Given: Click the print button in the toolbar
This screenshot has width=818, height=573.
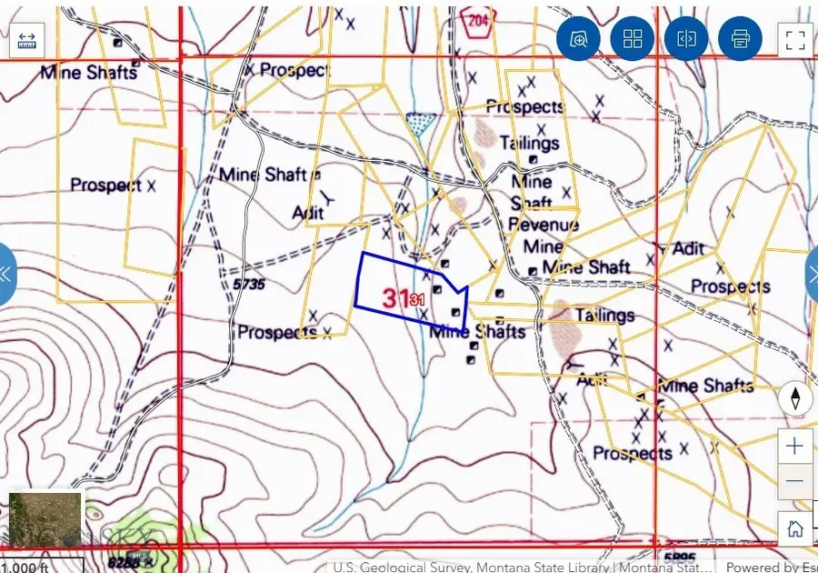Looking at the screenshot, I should click(740, 39).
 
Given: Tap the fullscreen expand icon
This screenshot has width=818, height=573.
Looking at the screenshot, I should click(795, 39).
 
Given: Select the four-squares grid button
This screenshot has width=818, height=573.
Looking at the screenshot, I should click(633, 39).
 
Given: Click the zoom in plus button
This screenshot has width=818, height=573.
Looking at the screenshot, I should click(795, 446).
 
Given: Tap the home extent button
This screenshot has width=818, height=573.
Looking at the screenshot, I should click(795, 528).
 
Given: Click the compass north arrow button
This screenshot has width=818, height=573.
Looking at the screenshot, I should click(795, 398).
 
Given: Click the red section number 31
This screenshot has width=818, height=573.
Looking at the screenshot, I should click(394, 297).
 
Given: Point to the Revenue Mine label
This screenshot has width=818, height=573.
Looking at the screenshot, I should click(543, 236).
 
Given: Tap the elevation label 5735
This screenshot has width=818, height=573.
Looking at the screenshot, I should click(248, 284).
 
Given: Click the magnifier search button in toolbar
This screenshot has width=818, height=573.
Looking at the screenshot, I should click(579, 39).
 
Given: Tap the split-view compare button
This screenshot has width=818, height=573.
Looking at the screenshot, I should click(686, 39).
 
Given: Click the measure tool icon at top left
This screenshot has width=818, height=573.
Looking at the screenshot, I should click(26, 39).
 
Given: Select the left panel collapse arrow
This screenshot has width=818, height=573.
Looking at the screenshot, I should click(6, 273).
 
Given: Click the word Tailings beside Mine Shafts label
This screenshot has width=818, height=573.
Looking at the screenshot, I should click(604, 316).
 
